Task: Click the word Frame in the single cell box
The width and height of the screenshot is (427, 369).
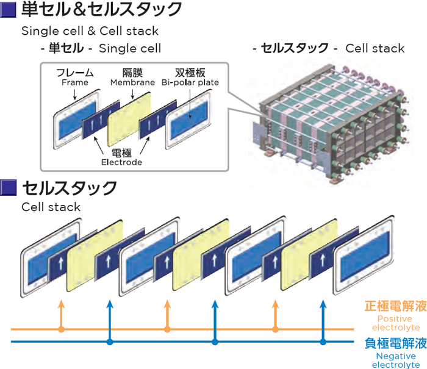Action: (x=75, y=83)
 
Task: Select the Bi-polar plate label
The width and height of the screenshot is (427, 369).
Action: (x=190, y=83)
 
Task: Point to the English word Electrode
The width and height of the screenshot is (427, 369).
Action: (x=121, y=162)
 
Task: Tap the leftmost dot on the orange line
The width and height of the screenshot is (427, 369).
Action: (x=60, y=329)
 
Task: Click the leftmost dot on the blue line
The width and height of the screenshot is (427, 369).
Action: (x=110, y=342)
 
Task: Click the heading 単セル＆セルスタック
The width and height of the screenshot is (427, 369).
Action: (x=101, y=10)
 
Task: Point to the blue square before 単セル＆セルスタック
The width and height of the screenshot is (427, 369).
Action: (x=8, y=10)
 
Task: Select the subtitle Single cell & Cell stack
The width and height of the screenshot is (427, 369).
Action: (x=90, y=30)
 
